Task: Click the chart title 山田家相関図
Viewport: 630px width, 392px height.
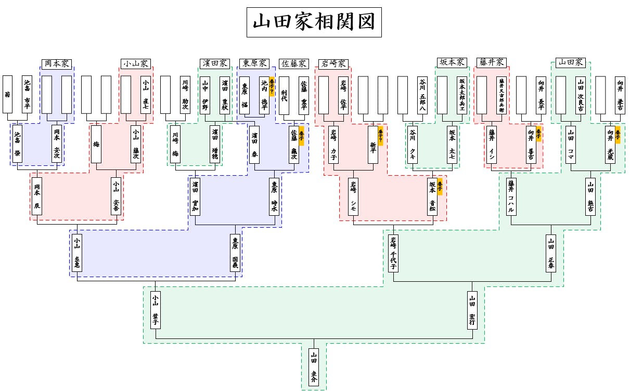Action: point(314,22)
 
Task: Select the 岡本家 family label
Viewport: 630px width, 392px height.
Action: point(56,63)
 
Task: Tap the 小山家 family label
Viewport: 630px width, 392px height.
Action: point(135,63)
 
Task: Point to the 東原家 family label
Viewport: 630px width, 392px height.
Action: point(254,63)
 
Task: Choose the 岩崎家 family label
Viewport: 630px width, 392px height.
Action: point(333,63)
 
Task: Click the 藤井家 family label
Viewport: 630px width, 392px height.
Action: point(491,62)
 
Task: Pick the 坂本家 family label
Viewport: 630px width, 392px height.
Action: point(452,62)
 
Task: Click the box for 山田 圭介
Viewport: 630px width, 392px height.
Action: point(314,368)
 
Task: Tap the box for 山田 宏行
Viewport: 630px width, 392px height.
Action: point(472,310)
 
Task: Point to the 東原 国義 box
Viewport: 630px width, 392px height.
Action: point(235,253)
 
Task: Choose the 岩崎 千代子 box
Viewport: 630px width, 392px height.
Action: point(393,253)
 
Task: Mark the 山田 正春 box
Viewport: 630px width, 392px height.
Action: point(551,253)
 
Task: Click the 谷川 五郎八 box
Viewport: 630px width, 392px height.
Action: point(422,95)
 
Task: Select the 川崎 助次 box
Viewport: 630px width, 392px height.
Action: point(185,95)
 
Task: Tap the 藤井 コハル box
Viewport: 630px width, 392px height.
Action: point(511,197)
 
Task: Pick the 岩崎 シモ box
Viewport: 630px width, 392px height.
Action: point(353,197)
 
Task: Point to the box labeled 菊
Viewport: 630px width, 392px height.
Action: point(7,94)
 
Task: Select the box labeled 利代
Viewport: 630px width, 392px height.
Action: point(284,95)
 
